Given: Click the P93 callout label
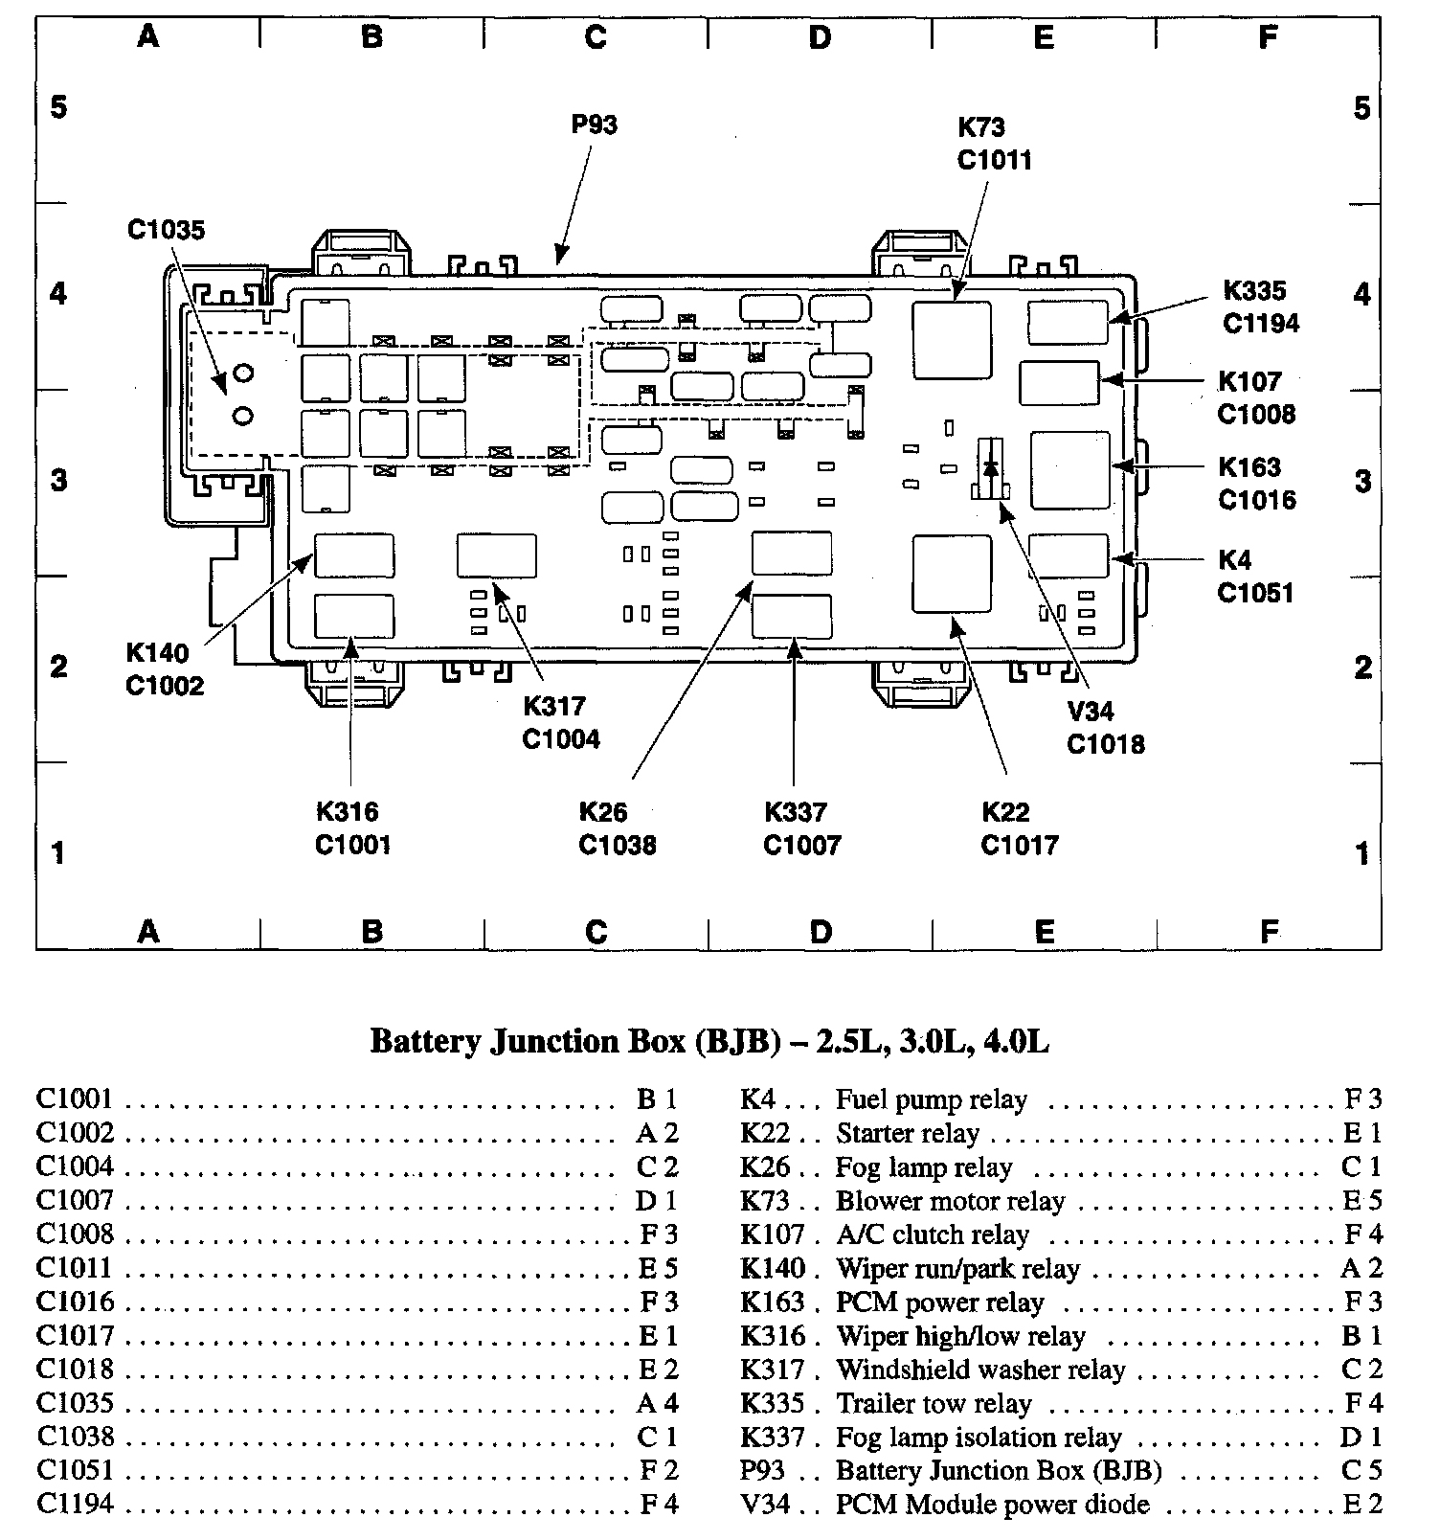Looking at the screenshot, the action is click(x=594, y=125).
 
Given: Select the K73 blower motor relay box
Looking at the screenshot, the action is click(x=952, y=341).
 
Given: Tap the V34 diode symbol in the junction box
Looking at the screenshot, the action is click(x=991, y=468).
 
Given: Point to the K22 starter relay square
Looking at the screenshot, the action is click(x=952, y=574).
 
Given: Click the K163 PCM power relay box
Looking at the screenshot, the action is click(x=1069, y=470).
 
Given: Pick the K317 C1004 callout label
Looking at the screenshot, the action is click(x=561, y=723).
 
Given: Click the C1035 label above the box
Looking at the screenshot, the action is click(x=166, y=230).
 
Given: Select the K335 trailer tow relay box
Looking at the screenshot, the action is click(x=1069, y=322).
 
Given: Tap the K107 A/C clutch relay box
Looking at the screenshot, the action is click(x=1059, y=383).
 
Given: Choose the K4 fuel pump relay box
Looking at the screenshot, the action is click(x=1069, y=556).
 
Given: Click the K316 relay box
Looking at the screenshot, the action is click(x=354, y=616).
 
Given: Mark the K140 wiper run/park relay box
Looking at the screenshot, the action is click(x=354, y=555).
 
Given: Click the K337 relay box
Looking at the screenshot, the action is click(x=792, y=616).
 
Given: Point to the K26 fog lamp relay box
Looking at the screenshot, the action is click(x=792, y=555).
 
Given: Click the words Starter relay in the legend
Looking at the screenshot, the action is click(x=908, y=1134).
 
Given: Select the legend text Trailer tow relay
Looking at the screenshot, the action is click(x=934, y=1404).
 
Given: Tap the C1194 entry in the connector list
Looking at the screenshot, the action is click(x=75, y=1505).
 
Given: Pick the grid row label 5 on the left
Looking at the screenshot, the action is click(x=59, y=106).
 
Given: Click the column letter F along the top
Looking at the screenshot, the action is click(x=1268, y=36).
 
